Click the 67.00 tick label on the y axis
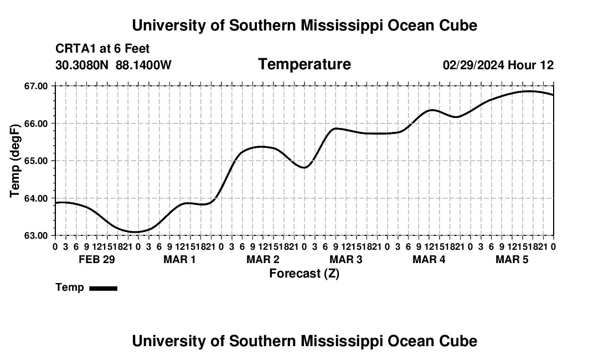pyautogui.click(x=37, y=86)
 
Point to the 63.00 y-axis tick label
pyautogui.click(x=37, y=236)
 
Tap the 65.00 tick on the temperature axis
pyautogui.click(x=37, y=161)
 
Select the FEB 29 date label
pyautogui.click(x=97, y=259)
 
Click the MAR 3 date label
pyautogui.click(x=345, y=259)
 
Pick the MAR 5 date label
pyautogui.click(x=512, y=259)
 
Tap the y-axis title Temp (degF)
pyautogui.click(x=15, y=161)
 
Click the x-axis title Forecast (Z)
pyautogui.click(x=304, y=274)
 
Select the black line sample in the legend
pyautogui.click(x=104, y=288)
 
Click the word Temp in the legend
pyautogui.click(x=70, y=287)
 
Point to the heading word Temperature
pyautogui.click(x=304, y=64)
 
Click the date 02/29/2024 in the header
pyautogui.click(x=474, y=65)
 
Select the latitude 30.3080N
pyautogui.click(x=82, y=65)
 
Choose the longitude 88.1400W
pyautogui.click(x=143, y=65)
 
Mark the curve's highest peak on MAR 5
pyautogui.click(x=529, y=91)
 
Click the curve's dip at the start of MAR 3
pyautogui.click(x=304, y=168)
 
